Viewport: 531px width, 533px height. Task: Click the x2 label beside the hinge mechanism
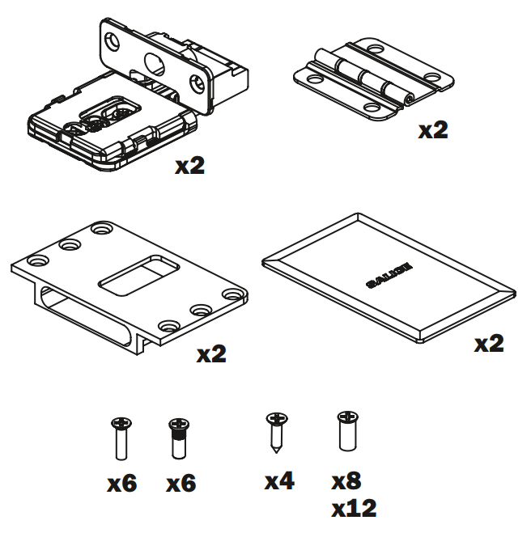(191, 166)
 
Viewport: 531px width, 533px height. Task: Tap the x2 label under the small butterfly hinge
(433, 130)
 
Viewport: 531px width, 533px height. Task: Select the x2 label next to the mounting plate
(211, 354)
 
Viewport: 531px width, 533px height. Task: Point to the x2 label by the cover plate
(489, 344)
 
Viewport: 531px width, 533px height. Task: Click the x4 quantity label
(279, 481)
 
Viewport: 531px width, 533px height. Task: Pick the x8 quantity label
(346, 481)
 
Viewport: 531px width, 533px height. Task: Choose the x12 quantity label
(354, 509)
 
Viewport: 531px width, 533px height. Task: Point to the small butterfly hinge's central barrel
(362, 76)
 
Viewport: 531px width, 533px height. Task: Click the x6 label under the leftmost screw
(122, 484)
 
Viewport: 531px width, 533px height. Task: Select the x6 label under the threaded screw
(181, 484)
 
